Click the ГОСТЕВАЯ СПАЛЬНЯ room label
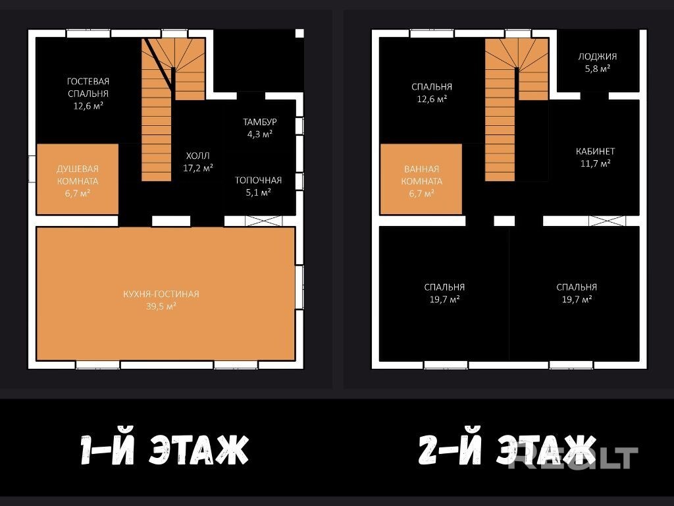(88, 88)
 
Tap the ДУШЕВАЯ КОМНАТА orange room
(78, 179)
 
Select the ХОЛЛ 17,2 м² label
(198, 162)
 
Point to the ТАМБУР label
(259, 122)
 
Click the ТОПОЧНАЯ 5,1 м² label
(258, 186)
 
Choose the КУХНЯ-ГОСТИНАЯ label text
(161, 295)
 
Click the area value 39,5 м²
(161, 306)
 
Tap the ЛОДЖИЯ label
(598, 57)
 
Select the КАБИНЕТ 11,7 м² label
(595, 157)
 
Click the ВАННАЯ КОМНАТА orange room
(421, 179)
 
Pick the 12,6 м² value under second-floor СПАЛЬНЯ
(432, 99)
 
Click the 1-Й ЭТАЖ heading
(165, 450)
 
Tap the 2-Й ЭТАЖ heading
(507, 450)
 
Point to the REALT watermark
(573, 458)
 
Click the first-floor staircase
(173, 109)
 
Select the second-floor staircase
(517, 109)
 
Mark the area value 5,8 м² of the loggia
(598, 69)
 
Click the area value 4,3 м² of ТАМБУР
(259, 134)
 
